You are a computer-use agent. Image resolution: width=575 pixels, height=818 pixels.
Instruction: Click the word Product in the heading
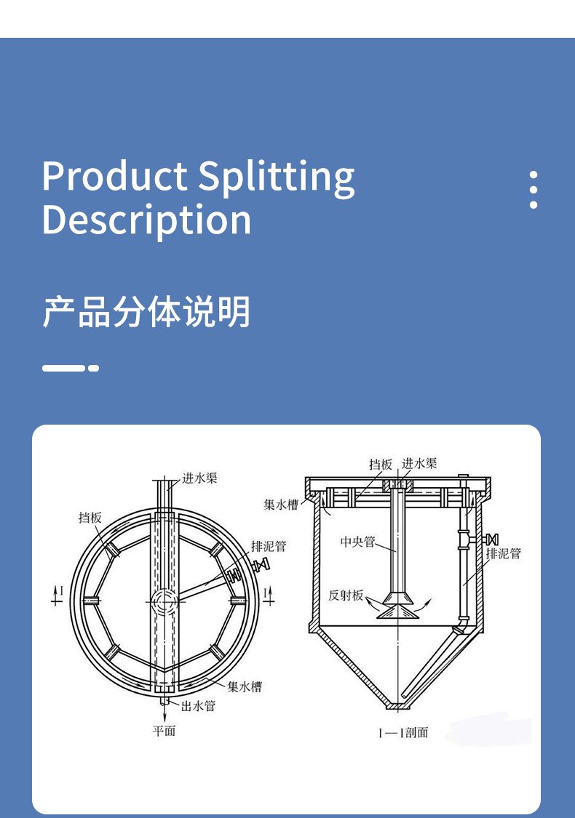[x=114, y=177]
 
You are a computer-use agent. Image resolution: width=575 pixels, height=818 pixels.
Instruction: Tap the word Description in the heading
[x=146, y=220]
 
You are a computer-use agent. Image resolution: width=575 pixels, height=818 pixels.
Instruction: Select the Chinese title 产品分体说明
[x=146, y=312]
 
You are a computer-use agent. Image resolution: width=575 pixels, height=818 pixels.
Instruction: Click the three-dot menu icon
[x=534, y=191]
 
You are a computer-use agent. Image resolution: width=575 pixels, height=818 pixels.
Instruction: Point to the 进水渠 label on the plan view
[x=199, y=478]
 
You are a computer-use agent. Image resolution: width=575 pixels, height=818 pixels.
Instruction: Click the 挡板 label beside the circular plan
[x=90, y=517]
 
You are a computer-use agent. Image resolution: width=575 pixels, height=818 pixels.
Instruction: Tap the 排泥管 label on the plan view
[x=269, y=546]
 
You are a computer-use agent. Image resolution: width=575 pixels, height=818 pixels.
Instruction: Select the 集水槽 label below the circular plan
[x=244, y=686]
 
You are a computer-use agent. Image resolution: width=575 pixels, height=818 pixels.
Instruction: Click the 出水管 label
[x=198, y=705]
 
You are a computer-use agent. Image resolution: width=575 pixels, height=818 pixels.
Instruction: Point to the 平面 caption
[x=164, y=730]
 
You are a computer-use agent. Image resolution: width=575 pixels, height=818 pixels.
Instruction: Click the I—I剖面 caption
[x=402, y=732]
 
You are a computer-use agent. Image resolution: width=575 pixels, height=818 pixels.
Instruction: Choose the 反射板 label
[x=346, y=595]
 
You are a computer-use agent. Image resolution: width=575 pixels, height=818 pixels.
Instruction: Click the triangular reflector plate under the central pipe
[x=397, y=610]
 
